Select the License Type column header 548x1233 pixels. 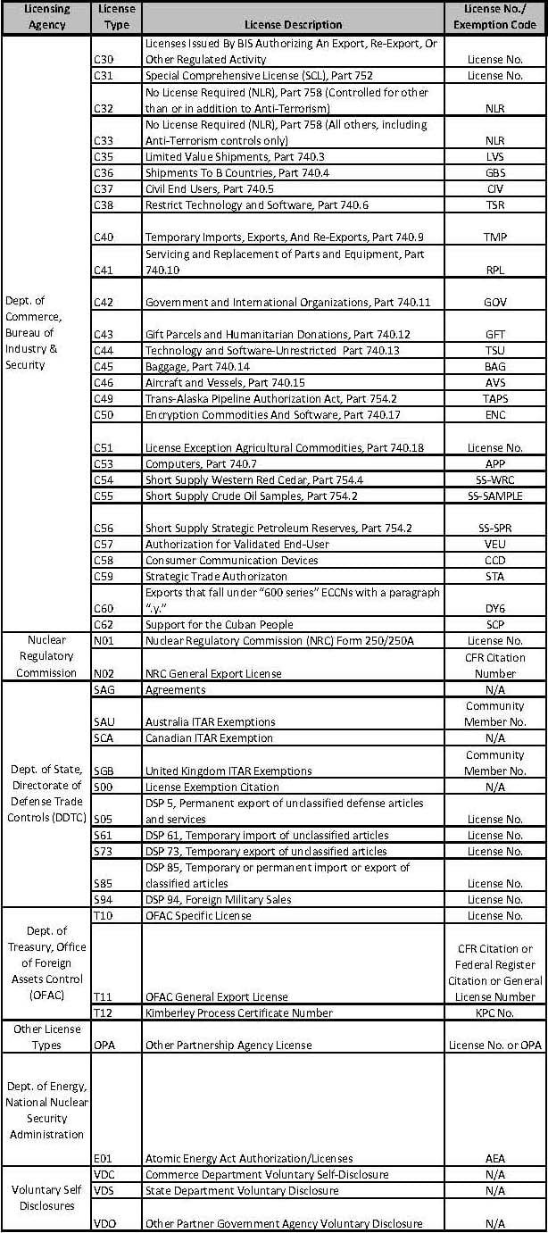click(116, 17)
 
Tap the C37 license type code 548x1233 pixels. click(104, 189)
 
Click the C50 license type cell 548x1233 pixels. click(104, 414)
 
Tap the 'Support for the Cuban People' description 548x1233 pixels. click(219, 624)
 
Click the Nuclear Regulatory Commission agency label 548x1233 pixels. click(46, 656)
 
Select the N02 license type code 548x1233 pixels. click(104, 673)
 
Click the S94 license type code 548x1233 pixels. click(104, 899)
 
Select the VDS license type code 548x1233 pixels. click(104, 1190)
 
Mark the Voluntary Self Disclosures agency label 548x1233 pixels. click(46, 1198)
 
